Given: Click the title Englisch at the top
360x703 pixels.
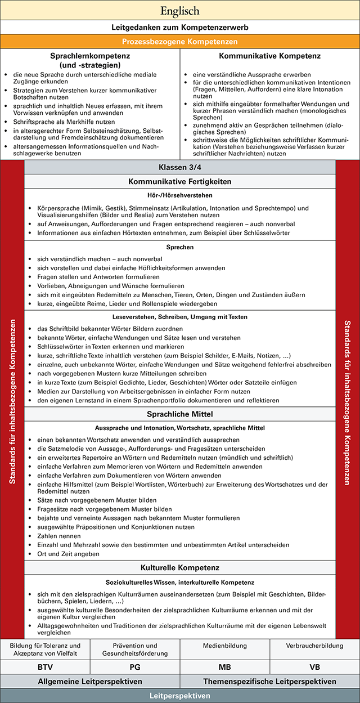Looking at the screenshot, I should (179, 11).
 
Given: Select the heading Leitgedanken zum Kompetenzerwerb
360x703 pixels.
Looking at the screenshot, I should (179, 27).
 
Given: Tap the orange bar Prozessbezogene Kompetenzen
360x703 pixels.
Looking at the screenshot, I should (179, 42).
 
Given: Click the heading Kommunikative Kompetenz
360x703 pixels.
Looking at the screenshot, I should (270, 56).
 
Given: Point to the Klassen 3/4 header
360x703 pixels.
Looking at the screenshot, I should (179, 168).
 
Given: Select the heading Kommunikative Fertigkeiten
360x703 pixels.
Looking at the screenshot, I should (179, 181).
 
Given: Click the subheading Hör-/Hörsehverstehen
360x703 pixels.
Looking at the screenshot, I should (179, 195).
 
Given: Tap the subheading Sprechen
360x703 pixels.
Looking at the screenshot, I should (179, 247).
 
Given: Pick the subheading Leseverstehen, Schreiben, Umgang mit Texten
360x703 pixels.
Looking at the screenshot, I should (179, 317).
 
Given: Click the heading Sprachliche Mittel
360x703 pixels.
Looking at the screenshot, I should (179, 414).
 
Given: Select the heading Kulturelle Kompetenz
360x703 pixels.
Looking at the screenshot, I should (179, 567).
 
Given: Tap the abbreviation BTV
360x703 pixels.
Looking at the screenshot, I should (45, 667).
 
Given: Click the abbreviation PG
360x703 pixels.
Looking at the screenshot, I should (135, 667).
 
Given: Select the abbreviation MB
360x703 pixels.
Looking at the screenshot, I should (225, 667).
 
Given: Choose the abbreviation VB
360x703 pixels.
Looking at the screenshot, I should (315, 667).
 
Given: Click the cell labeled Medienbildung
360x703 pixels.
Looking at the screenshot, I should (225, 646).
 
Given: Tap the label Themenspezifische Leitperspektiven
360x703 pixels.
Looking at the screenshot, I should (270, 682).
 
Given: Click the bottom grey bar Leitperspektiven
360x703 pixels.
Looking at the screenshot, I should (179, 696).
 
